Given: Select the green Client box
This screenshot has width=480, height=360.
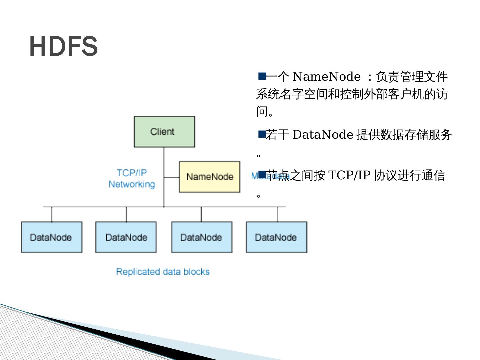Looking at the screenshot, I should pos(164,132).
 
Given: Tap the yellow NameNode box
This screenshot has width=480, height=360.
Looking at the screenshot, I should pos(209,177).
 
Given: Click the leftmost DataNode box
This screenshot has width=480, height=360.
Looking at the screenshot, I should pos(52,237).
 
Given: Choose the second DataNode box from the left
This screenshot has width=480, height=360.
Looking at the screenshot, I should pos(126,237).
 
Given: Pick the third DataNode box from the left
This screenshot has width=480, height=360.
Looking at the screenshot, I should pos(201,237).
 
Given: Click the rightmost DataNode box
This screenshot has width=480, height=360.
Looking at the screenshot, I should pos(276,237).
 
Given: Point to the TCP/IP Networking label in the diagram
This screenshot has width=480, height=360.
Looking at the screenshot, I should pos(132,178).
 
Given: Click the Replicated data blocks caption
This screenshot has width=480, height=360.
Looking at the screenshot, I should pos(163,272).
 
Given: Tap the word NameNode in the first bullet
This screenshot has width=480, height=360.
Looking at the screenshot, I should pos(326,77).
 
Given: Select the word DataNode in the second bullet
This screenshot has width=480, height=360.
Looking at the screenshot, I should pos(323,135).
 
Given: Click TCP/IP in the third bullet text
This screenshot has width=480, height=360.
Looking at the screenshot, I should pos(349,175).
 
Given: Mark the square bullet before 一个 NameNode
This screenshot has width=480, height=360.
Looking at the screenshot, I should pos(262,76).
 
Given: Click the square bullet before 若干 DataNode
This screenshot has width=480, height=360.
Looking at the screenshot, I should pos(262,134).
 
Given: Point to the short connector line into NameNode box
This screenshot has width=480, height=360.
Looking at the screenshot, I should pos(171,177).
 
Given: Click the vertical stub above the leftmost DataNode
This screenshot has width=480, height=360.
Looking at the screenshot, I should pos(52,214).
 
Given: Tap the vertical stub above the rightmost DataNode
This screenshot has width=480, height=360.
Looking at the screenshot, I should pos(278,214).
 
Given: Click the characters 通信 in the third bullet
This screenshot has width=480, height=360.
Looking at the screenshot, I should pos(433,175).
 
